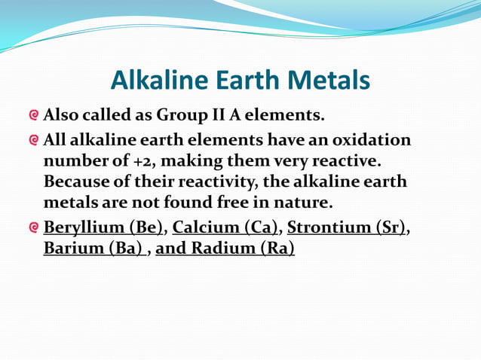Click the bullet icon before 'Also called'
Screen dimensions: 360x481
33,116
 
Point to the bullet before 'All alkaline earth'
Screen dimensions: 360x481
33,141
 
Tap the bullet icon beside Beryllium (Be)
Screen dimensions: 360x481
33,228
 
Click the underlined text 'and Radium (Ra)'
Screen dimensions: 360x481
225,249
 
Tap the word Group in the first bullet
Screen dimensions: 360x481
181,116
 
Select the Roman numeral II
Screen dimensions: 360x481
221,116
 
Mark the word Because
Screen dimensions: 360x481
76,182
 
